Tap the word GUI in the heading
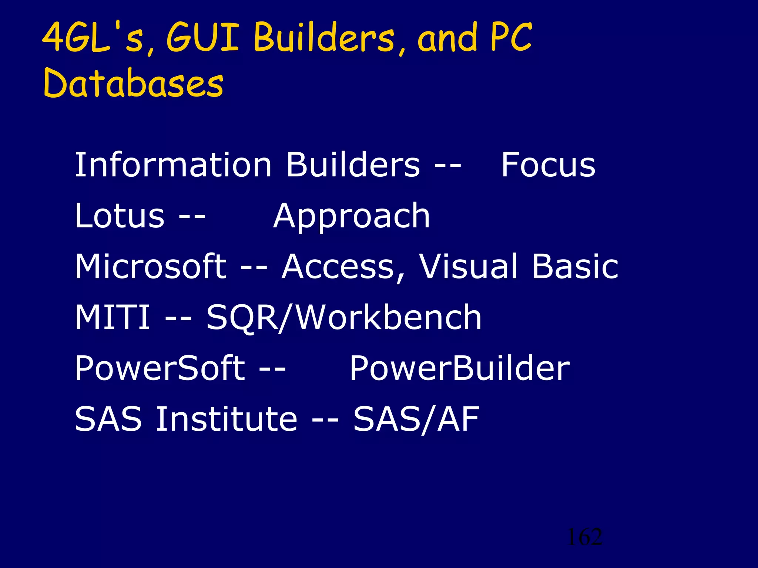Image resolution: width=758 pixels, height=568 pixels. pyautogui.click(x=203, y=37)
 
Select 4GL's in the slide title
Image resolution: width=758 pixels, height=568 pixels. pyautogui.click(x=93, y=37)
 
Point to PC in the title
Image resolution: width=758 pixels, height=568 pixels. pyautogui.click(x=511, y=37)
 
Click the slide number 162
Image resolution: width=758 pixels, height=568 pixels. pyautogui.click(x=585, y=537)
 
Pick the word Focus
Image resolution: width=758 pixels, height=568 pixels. pyautogui.click(x=548, y=165)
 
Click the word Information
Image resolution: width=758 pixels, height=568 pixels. pyautogui.click(x=173, y=165)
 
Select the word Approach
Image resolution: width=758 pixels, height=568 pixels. pyautogui.click(x=352, y=216)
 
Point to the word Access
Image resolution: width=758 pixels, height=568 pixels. pyautogui.click(x=343, y=267)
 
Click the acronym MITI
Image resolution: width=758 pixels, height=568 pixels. pyautogui.click(x=112, y=317)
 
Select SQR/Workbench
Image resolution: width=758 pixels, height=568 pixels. pyautogui.click(x=344, y=317)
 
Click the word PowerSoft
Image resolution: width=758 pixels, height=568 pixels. pyautogui.click(x=160, y=368)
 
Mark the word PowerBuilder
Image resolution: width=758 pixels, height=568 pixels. pyautogui.click(x=459, y=368)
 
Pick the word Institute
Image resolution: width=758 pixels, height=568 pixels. pyautogui.click(x=226, y=419)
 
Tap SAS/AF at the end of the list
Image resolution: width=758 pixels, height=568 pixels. pyautogui.click(x=416, y=419)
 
